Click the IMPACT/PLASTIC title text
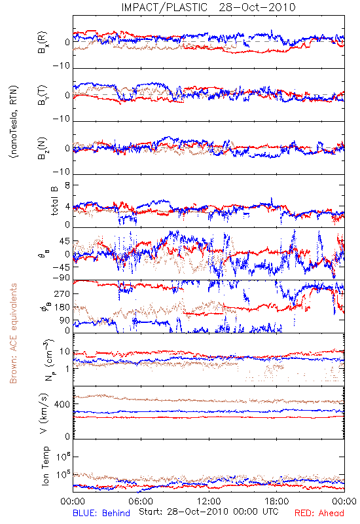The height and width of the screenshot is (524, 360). point(164,7)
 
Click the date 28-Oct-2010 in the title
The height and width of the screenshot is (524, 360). point(257,7)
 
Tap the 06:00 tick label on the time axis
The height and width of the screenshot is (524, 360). point(141,501)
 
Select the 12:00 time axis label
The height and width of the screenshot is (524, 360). point(209,501)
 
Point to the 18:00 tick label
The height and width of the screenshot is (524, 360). point(277,501)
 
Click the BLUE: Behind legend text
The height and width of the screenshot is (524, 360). point(101,513)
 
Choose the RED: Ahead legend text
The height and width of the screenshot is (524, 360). point(319,513)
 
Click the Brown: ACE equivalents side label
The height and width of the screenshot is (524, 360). point(13,333)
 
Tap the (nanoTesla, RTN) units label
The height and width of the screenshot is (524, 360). point(14,121)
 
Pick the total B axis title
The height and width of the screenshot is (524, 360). point(54,201)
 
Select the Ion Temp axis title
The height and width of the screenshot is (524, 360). point(45,466)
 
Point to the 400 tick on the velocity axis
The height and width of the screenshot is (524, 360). point(62,404)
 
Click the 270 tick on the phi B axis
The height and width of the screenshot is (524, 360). point(62,293)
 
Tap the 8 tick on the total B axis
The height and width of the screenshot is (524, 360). point(67,185)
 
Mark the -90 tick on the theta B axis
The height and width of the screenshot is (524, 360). point(62,278)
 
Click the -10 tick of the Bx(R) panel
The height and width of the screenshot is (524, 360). point(62,66)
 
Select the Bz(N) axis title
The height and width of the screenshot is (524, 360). point(42,148)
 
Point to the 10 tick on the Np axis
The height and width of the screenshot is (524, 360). point(64,352)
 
